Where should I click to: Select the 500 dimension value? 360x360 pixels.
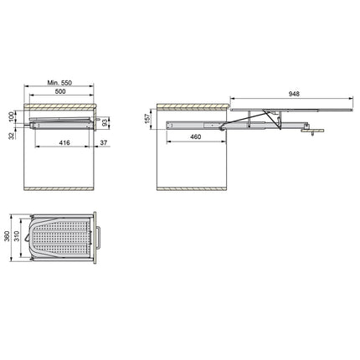[60, 93]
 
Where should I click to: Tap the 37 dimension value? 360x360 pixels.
[103, 144]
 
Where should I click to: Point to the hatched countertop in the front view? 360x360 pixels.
[60, 107]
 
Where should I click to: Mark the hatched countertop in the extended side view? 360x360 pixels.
[193, 108]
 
